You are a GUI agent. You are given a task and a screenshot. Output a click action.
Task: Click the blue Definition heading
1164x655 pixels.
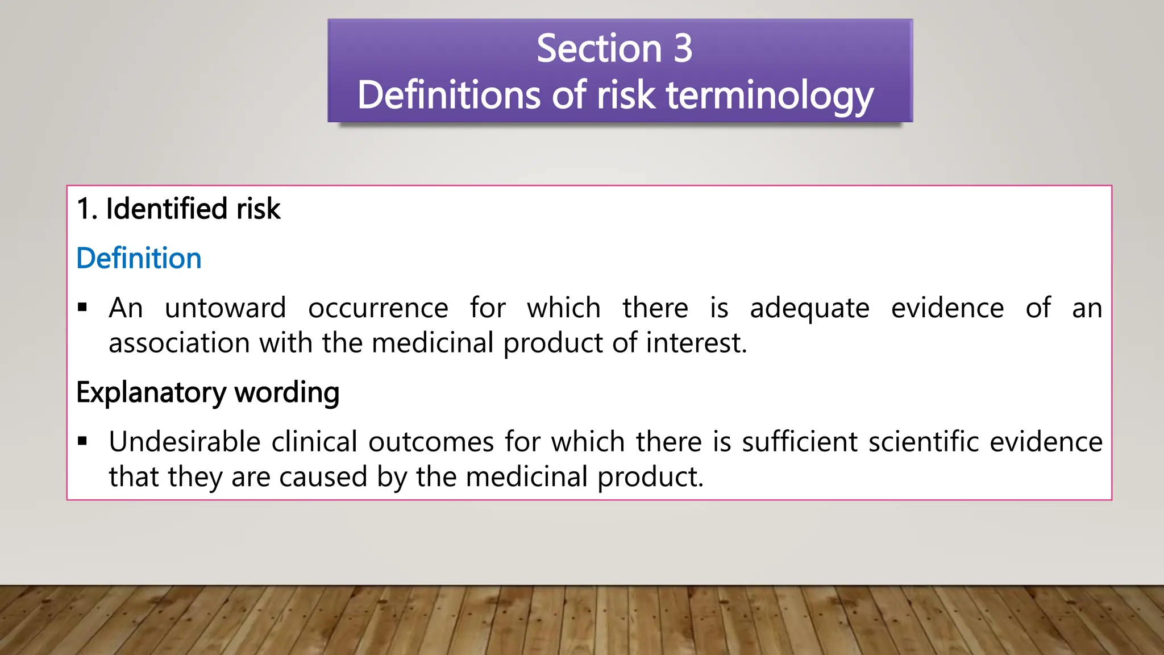pyautogui.click(x=139, y=258)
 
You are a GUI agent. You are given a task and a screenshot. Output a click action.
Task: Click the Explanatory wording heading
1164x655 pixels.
pyautogui.click(x=207, y=392)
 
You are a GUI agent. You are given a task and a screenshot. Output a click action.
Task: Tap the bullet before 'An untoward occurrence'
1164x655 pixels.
pyautogui.click(x=83, y=308)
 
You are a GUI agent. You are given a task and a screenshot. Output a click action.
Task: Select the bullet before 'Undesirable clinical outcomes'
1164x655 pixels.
pyautogui.click(x=83, y=441)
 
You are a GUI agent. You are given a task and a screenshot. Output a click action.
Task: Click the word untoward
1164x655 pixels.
pyautogui.click(x=225, y=308)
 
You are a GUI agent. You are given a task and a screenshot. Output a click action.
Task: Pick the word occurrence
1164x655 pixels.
pyautogui.click(x=378, y=308)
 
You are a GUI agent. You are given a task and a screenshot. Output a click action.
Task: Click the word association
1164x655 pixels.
pyautogui.click(x=179, y=343)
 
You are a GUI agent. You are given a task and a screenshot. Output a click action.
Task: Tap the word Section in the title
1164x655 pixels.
pyautogui.click(x=599, y=48)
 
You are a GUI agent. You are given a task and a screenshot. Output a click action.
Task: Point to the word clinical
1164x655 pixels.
pyautogui.click(x=314, y=442)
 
